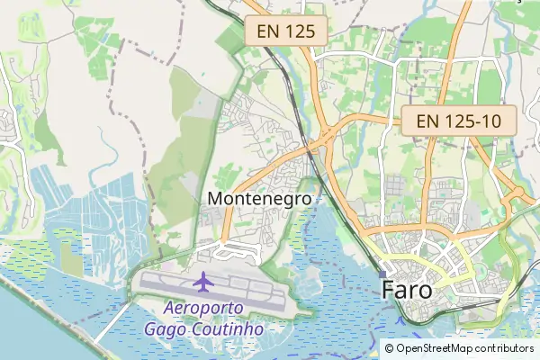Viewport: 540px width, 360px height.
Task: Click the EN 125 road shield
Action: [285, 31]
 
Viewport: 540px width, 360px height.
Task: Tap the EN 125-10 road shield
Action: [458, 120]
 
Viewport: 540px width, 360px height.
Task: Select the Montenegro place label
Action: [259, 198]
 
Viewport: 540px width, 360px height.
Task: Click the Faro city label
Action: [407, 291]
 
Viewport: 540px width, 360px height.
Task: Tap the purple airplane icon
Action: [203, 282]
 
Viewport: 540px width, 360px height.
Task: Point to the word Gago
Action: [165, 328]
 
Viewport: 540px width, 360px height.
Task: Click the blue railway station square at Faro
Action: [382, 274]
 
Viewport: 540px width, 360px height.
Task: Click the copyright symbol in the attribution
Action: [389, 347]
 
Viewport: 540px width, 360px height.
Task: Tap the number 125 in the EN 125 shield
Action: [300, 31]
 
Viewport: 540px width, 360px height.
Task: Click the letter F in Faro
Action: [389, 291]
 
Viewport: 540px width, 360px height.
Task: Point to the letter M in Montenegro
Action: [215, 198]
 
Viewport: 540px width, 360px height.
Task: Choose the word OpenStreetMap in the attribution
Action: [435, 347]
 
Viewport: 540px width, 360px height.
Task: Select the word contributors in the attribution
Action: [505, 347]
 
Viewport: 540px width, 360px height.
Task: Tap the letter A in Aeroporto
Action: [169, 309]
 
